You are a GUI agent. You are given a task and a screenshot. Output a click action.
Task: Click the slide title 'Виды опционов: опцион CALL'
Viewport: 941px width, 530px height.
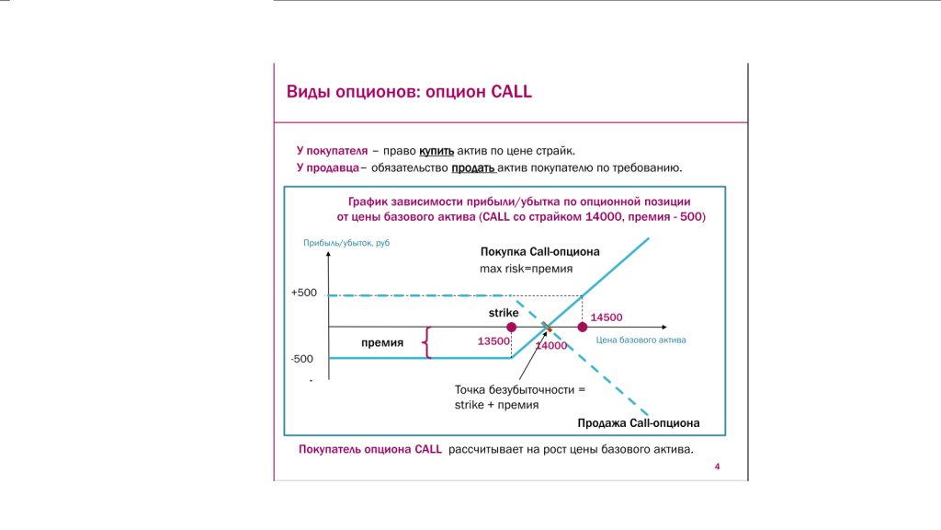[x=409, y=92]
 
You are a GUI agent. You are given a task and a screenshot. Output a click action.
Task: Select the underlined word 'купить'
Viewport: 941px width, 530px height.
[x=436, y=151]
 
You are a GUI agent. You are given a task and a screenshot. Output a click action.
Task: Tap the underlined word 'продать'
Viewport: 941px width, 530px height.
[x=473, y=167]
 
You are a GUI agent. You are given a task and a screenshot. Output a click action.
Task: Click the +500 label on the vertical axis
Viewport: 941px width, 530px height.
[x=303, y=293]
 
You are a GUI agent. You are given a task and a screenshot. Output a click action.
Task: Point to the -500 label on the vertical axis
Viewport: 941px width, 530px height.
[x=301, y=359]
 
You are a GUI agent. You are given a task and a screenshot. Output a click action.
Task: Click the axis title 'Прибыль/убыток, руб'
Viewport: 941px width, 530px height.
[x=346, y=243]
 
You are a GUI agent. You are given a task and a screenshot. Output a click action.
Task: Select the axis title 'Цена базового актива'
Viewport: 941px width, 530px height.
[x=641, y=340]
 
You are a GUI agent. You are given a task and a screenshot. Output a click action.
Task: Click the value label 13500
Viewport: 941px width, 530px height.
[x=493, y=341]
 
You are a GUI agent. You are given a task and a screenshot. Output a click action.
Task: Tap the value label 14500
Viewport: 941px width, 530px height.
[x=607, y=317]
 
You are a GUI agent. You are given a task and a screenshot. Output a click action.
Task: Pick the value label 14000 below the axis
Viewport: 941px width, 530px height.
[x=551, y=346]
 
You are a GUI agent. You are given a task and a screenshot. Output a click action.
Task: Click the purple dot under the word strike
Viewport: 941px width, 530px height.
[x=511, y=327]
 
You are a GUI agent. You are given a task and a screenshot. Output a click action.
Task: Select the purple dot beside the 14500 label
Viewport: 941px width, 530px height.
[x=582, y=327]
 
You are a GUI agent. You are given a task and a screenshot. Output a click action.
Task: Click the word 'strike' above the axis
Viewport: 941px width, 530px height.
[x=504, y=313]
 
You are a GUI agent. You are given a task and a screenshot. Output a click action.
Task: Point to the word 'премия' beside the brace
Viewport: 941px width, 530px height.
[x=382, y=342]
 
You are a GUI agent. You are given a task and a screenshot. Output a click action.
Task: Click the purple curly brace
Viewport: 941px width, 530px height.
[x=426, y=342]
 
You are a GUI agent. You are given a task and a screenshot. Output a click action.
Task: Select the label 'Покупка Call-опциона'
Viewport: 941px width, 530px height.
[x=540, y=252]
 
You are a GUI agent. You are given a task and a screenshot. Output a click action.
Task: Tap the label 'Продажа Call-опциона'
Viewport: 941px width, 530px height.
[x=639, y=423]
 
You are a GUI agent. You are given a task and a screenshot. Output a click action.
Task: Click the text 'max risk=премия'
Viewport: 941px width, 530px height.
[x=527, y=269]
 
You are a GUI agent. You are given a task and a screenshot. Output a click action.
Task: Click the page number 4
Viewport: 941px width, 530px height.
[x=717, y=467]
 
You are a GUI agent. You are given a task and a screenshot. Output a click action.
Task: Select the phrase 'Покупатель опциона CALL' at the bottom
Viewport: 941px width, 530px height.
[x=370, y=449]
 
